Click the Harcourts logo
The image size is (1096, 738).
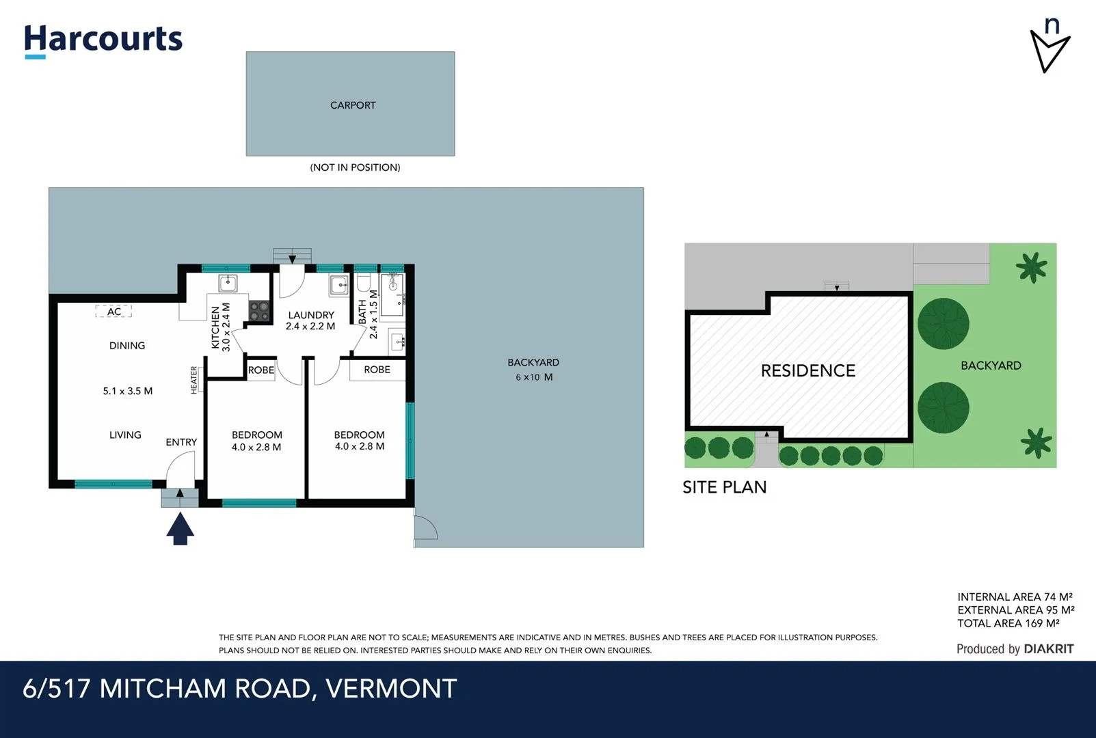coord(103,40)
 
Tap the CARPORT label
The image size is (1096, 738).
coord(353,105)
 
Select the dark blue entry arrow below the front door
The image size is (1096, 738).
coord(180,530)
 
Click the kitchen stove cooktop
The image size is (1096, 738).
coord(259,311)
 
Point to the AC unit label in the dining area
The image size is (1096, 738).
coord(113,312)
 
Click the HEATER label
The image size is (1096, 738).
coord(194,380)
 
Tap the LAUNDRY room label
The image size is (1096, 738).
coord(310,315)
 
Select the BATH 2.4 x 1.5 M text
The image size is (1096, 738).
coord(368,314)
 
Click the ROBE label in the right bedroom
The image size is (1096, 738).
coord(377,370)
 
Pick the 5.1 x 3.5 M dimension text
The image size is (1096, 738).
coord(128,391)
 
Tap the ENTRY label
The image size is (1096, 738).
coord(181,442)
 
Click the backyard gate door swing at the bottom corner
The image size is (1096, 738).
coord(425,528)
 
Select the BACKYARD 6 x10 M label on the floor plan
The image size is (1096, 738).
coord(533,370)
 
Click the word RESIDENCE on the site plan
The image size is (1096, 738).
coord(807,371)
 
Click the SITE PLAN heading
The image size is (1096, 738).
coord(724,487)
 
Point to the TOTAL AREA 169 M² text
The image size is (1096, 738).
coord(1008,623)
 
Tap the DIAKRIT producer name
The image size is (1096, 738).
coord(1048,649)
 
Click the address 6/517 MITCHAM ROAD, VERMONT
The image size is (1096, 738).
coord(239,689)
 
